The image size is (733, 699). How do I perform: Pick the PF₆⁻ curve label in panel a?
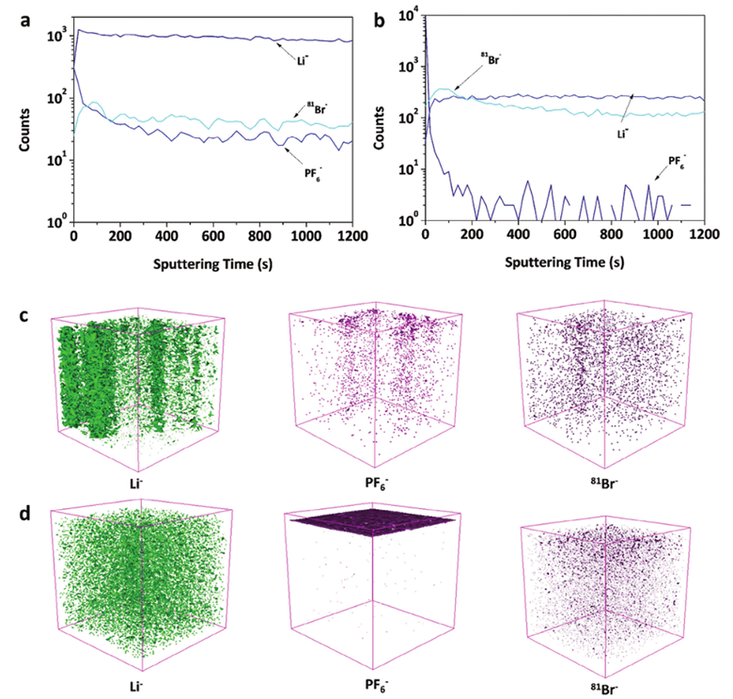click(313, 169)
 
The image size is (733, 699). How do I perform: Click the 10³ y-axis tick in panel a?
click(54, 36)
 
